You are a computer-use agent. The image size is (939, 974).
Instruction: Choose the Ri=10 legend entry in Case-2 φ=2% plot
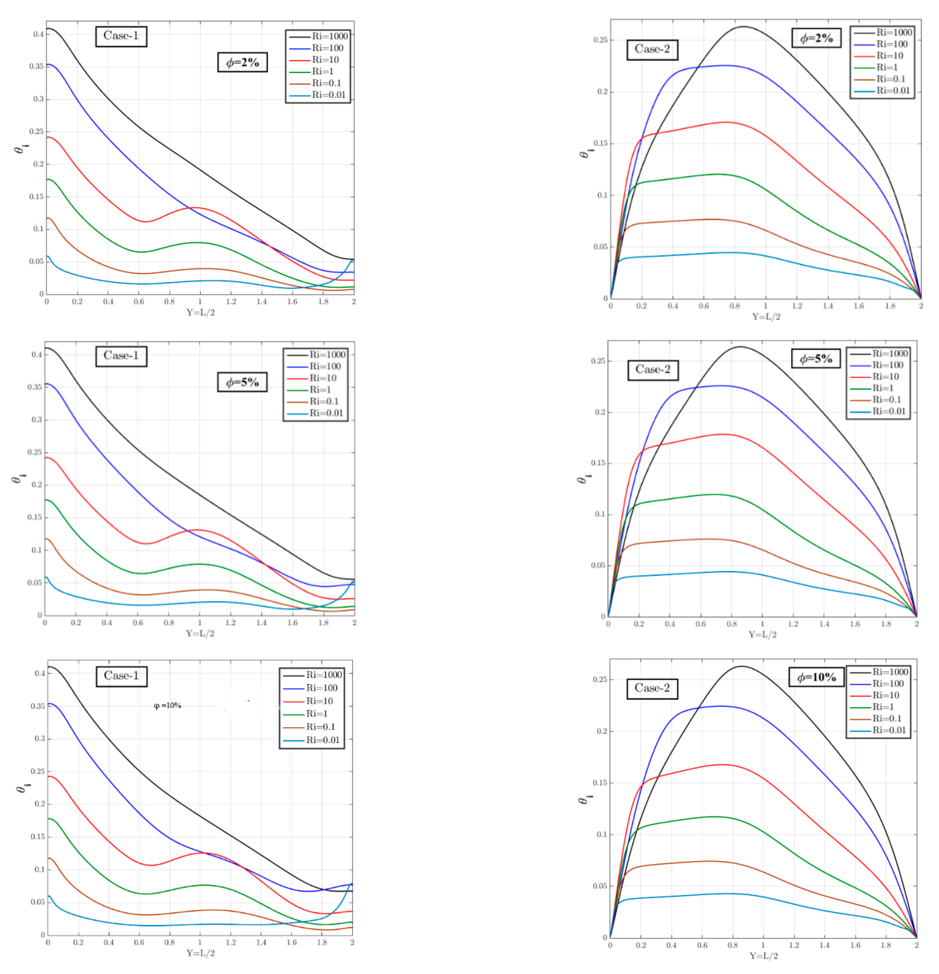pos(889,56)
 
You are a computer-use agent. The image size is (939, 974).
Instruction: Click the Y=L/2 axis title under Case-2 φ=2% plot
pos(766,316)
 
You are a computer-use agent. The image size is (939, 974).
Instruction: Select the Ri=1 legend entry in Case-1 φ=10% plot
pos(317,714)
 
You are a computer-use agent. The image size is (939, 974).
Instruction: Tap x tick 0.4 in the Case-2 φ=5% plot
pos(670,624)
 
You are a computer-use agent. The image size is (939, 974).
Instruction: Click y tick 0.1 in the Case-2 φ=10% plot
pos(601,834)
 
